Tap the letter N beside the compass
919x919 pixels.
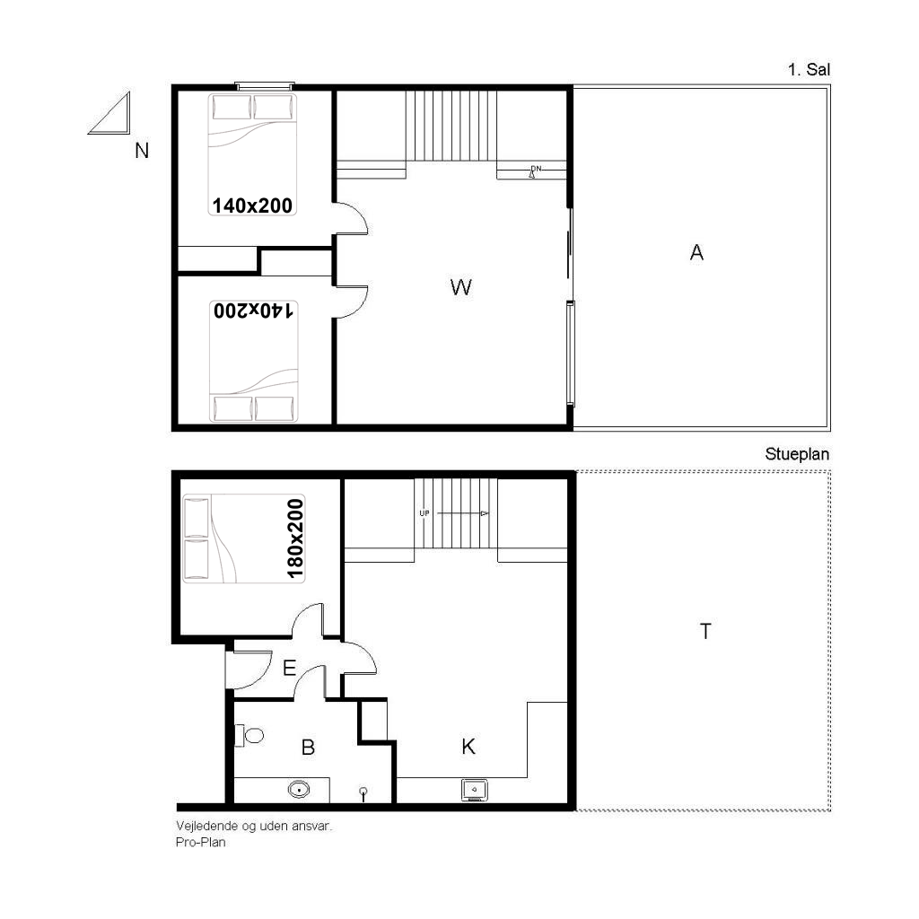tap(142, 151)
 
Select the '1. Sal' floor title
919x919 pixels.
tap(809, 70)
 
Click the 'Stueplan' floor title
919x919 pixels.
tap(797, 454)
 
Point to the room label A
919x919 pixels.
tap(696, 252)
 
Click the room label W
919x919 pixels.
tap(460, 287)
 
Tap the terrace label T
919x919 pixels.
tap(705, 631)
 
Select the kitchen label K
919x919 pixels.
tap(468, 747)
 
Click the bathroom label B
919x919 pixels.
tap(309, 748)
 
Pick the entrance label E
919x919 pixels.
tap(290, 668)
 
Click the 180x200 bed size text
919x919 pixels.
tap(294, 538)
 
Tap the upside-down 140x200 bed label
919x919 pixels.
tap(253, 310)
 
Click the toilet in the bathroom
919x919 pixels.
tap(249, 735)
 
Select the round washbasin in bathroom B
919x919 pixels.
tap(299, 790)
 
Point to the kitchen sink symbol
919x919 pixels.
tap(474, 790)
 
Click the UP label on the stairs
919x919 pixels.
tap(424, 513)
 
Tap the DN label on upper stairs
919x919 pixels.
tap(536, 169)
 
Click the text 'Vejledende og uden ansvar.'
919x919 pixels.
tap(254, 827)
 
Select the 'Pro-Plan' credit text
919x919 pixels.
tap(200, 842)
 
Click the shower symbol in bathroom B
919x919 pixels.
tap(363, 794)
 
